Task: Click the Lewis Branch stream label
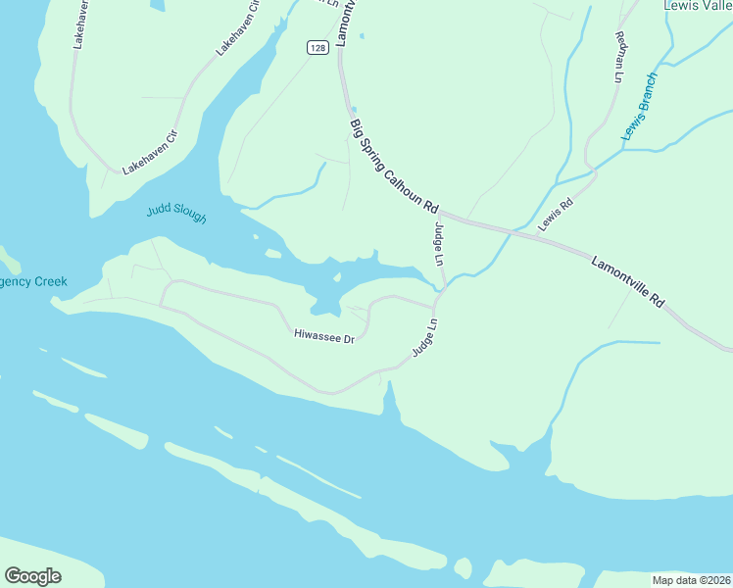pyautogui.click(x=639, y=106)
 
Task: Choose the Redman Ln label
pyautogui.click(x=619, y=57)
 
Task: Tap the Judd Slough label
pyautogui.click(x=176, y=213)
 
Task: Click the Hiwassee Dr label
pyautogui.click(x=323, y=335)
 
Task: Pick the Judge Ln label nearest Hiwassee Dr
pyautogui.click(x=424, y=337)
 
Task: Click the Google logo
pyautogui.click(x=32, y=576)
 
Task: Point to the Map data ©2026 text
pyautogui.click(x=691, y=579)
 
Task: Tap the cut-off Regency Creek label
pyautogui.click(x=33, y=281)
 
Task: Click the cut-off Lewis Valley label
pyautogui.click(x=698, y=6)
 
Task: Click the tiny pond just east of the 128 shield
pyautogui.click(x=362, y=36)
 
